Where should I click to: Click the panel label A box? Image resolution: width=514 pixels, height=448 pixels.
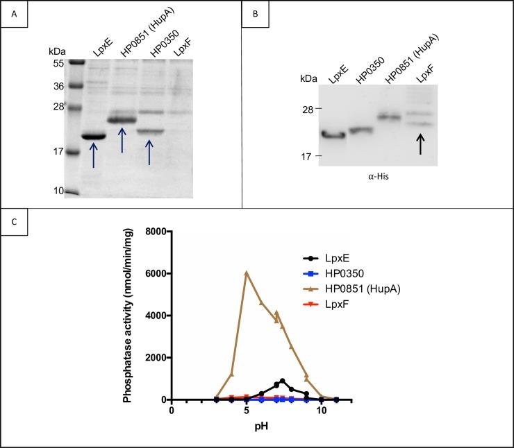pyautogui.click(x=14, y=14)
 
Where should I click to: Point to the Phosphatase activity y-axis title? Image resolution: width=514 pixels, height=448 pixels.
pyautogui.click(x=128, y=316)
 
